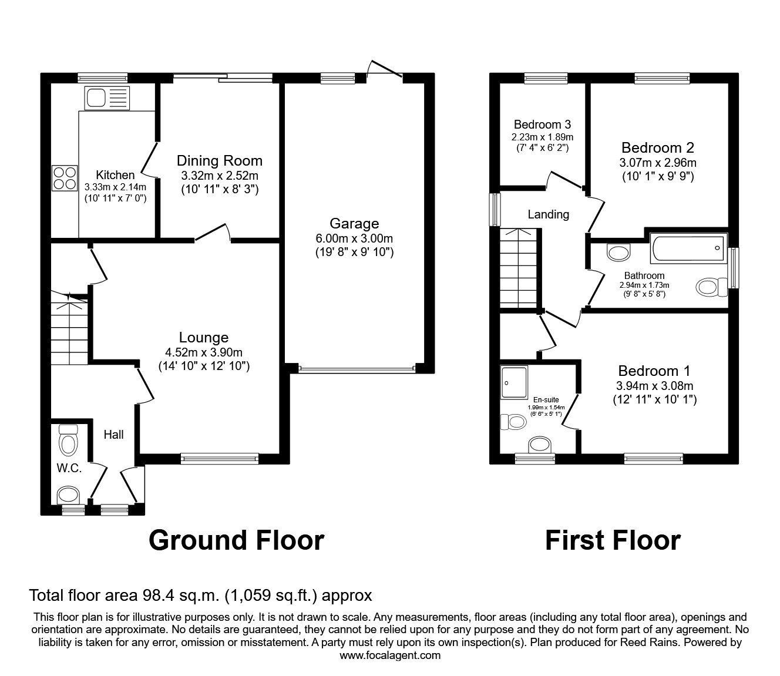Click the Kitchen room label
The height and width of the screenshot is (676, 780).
115,175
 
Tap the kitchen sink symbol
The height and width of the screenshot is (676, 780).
106,98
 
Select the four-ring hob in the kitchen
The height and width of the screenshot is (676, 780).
65,178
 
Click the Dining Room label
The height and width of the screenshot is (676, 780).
219,161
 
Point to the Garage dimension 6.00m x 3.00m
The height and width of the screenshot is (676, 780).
354,238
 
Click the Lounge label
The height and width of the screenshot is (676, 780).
204,338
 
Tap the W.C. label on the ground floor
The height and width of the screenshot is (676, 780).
69,469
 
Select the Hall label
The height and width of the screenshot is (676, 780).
113,435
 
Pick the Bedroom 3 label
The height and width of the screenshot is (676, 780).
542,125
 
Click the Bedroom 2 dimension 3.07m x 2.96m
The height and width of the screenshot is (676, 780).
658,163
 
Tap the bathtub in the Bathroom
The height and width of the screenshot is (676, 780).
688,249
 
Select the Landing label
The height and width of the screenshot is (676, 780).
548,214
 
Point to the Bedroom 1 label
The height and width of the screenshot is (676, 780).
654,371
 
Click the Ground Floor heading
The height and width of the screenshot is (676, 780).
236,540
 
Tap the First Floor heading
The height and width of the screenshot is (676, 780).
613,540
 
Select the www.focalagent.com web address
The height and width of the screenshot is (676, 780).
390,655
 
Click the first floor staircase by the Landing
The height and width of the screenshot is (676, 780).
519,268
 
